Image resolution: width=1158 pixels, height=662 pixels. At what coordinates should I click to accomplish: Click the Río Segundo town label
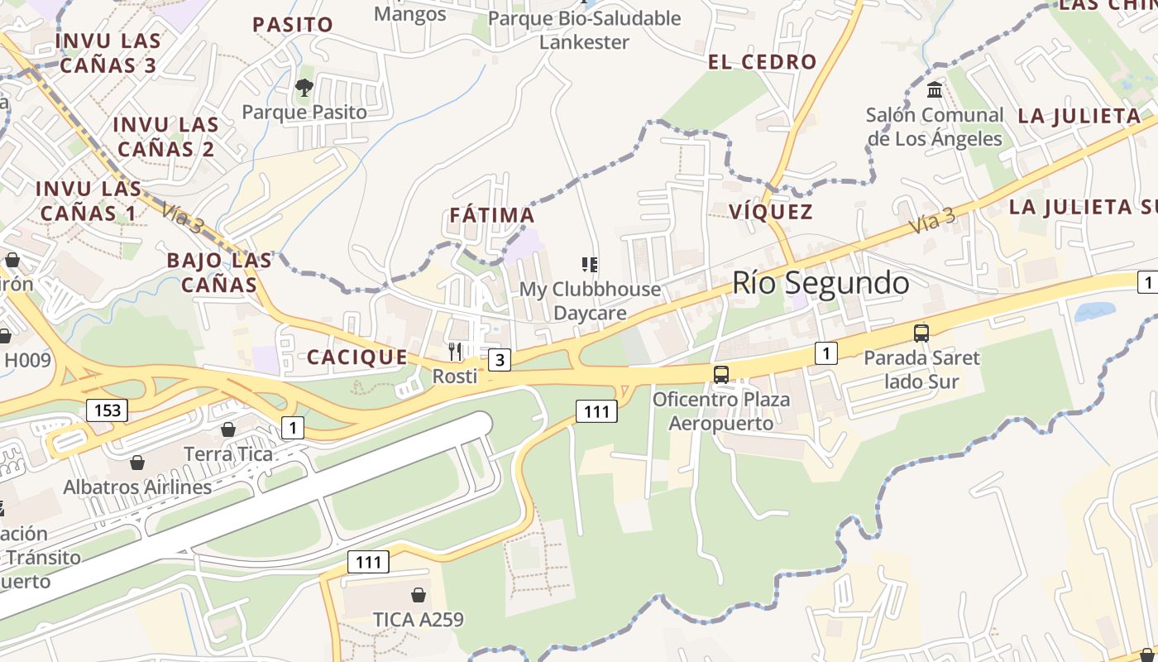pyautogui.click(x=821, y=283)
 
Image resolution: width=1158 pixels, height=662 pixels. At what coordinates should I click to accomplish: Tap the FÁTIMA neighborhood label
pyautogui.click(x=492, y=216)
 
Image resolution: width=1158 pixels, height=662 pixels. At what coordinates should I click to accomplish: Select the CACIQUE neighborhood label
pyautogui.click(x=357, y=357)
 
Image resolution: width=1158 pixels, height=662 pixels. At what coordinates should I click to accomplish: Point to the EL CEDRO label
pyautogui.click(x=763, y=62)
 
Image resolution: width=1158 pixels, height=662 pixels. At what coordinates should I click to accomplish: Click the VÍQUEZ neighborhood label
pyautogui.click(x=771, y=212)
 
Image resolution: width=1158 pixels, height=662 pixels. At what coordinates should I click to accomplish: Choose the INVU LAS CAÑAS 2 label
pyautogui.click(x=165, y=137)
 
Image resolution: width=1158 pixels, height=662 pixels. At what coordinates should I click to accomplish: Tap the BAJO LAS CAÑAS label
pyautogui.click(x=219, y=272)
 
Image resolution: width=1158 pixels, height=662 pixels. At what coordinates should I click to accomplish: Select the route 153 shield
pyautogui.click(x=108, y=410)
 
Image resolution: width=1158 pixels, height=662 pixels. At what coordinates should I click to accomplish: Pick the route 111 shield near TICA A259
pyautogui.click(x=368, y=563)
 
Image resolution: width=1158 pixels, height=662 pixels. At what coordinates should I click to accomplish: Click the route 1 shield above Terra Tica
pyautogui.click(x=292, y=428)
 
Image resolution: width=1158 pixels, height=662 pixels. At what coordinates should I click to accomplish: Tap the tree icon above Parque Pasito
pyautogui.click(x=304, y=87)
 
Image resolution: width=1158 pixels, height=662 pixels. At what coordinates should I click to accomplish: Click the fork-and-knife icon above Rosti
pyautogui.click(x=455, y=352)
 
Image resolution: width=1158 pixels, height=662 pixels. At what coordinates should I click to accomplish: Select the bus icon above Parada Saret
pyautogui.click(x=921, y=333)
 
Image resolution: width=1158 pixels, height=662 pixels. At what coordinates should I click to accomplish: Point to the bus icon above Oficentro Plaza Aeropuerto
pyautogui.click(x=721, y=374)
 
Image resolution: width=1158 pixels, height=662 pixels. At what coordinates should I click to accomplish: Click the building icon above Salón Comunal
pyautogui.click(x=935, y=89)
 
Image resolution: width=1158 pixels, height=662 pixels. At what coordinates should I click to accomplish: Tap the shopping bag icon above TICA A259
pyautogui.click(x=419, y=595)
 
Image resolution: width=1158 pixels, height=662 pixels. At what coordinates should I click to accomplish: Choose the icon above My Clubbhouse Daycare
pyautogui.click(x=590, y=265)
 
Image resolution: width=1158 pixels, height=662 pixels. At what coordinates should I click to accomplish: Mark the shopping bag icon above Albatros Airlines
pyautogui.click(x=137, y=462)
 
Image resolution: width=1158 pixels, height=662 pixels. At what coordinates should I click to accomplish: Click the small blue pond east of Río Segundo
pyautogui.click(x=1095, y=312)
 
